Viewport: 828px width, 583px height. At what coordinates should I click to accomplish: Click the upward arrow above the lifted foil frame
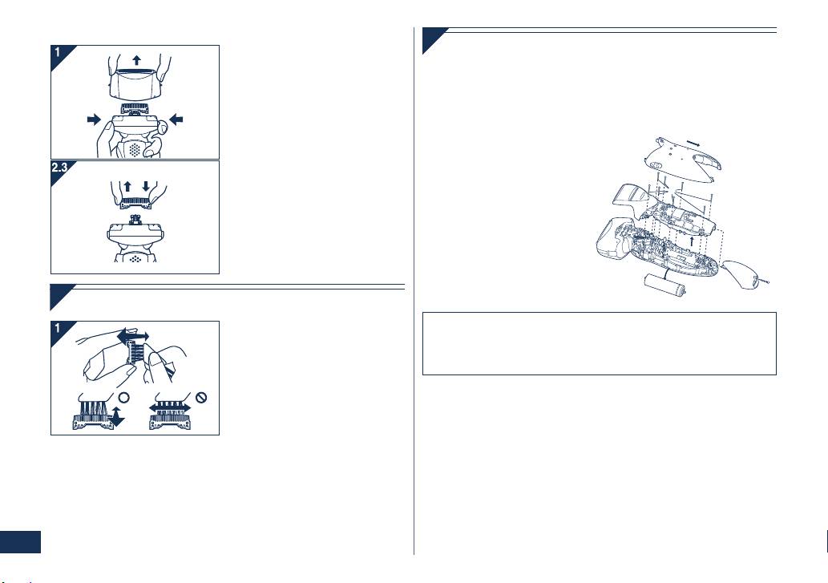[x=137, y=59]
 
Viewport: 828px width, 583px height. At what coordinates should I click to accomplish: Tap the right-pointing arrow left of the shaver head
[x=94, y=119]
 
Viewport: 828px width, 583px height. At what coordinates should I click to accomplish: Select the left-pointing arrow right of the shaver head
[x=176, y=119]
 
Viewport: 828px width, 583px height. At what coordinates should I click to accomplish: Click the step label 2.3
[x=59, y=168]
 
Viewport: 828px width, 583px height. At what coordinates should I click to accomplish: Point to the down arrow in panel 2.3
[x=146, y=186]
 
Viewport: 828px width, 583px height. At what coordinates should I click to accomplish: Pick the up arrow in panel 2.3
[x=127, y=186]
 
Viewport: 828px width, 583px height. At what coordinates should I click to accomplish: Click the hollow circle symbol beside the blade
[x=123, y=398]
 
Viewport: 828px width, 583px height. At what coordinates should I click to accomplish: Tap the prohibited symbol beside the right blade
[x=201, y=398]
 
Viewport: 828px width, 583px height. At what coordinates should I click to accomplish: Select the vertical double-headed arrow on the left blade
[x=117, y=416]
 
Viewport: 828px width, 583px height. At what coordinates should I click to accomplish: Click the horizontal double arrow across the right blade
[x=169, y=407]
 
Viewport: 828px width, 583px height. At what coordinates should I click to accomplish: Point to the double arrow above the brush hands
[x=133, y=336]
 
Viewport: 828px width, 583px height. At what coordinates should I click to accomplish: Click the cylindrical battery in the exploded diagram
[x=664, y=285]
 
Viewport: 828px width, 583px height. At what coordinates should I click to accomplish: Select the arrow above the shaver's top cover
[x=693, y=143]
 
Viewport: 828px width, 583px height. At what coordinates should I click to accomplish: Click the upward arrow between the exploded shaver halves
[x=693, y=241]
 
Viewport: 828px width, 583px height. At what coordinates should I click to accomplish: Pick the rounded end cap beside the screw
[x=741, y=274]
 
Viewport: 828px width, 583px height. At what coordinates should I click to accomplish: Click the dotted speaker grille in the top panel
[x=135, y=149]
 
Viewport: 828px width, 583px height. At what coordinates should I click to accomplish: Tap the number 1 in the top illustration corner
[x=58, y=52]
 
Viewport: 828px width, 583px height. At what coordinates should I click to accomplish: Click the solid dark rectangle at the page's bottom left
[x=20, y=542]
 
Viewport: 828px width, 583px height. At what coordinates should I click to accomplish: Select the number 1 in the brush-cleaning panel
[x=58, y=328]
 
